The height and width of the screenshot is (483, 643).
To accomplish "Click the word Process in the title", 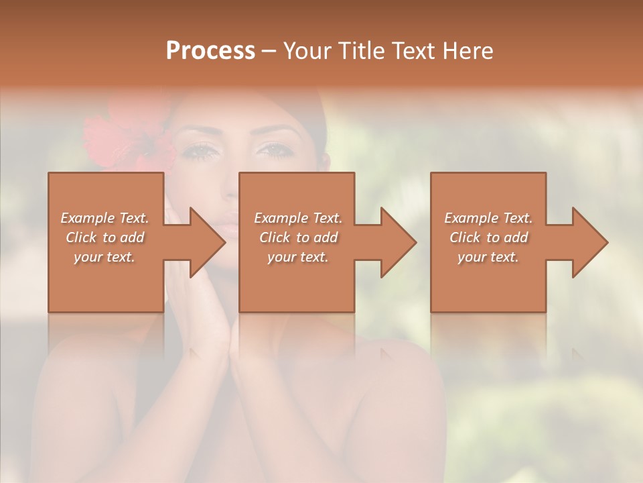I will pyautogui.click(x=210, y=51).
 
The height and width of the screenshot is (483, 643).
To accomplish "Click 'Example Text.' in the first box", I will pyautogui.click(x=105, y=218).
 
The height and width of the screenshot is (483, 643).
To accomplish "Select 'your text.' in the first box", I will pyautogui.click(x=105, y=257).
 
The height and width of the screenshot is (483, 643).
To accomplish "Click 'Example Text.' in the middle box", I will pyautogui.click(x=298, y=218).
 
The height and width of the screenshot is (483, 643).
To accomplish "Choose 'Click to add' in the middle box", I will pyautogui.click(x=298, y=237).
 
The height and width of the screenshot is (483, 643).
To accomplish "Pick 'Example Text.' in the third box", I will pyautogui.click(x=488, y=218).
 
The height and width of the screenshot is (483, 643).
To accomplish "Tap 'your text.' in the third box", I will pyautogui.click(x=488, y=257).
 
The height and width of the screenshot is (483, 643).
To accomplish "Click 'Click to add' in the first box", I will pyautogui.click(x=105, y=237).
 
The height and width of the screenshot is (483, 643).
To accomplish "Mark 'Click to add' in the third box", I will pyautogui.click(x=488, y=237).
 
